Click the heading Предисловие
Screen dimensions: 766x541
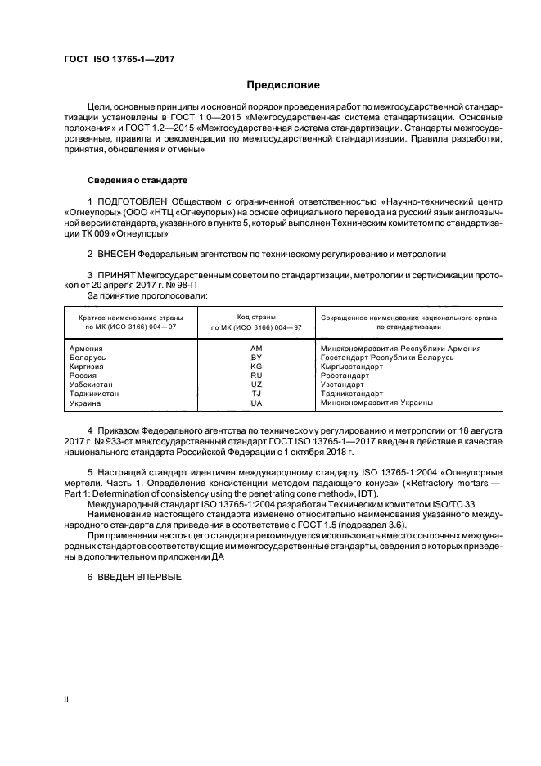click(x=283, y=85)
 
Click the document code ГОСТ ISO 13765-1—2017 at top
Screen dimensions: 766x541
click(x=119, y=60)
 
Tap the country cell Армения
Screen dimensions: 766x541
click(x=87, y=348)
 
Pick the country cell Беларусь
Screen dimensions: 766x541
click(x=88, y=358)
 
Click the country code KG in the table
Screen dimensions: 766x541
click(x=256, y=367)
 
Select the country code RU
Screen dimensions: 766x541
click(x=256, y=376)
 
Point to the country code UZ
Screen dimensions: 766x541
click(x=256, y=385)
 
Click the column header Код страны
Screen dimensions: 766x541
click(x=256, y=316)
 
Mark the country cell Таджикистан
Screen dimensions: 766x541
click(x=94, y=394)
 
